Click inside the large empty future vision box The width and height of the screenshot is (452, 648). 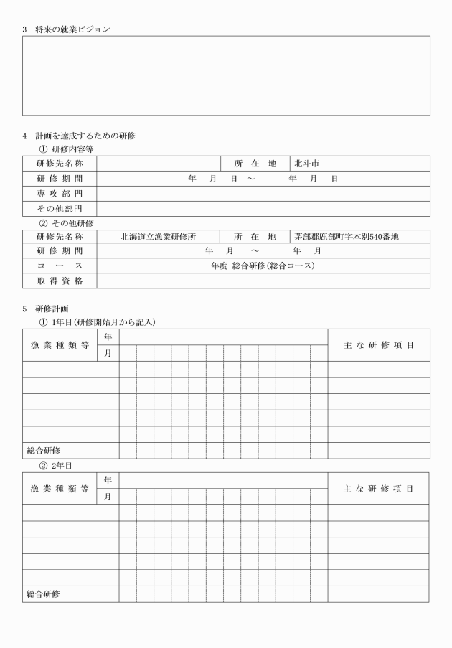click(226, 75)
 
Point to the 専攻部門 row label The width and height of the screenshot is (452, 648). click(60, 194)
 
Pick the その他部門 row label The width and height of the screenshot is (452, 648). click(60, 209)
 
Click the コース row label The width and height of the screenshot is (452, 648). click(60, 266)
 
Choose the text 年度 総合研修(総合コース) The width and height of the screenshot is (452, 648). click(263, 266)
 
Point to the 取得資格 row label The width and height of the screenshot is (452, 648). click(60, 281)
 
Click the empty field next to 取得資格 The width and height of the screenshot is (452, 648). click(263, 281)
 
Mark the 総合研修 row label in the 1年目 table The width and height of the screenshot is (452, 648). click(43, 451)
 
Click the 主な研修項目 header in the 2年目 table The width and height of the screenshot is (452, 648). click(379, 489)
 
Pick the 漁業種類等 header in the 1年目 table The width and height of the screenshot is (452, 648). click(60, 345)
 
